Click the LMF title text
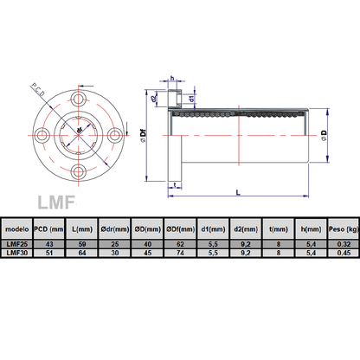[57, 203]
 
